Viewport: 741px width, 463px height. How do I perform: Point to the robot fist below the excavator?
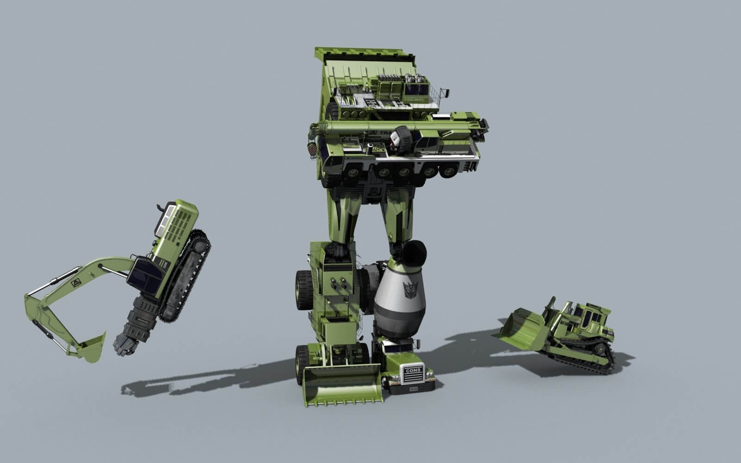(126, 344)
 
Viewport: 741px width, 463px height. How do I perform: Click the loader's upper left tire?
(303, 289)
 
